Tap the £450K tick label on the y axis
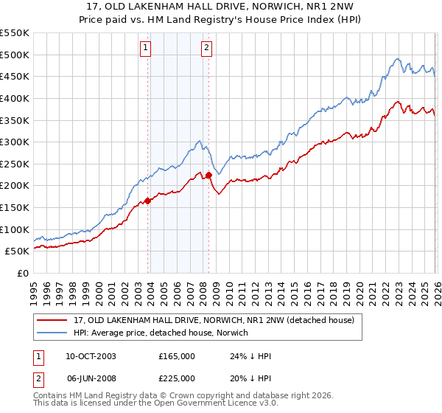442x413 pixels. [14, 76]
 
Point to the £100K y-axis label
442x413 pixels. [14, 229]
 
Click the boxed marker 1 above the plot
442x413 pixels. [146, 49]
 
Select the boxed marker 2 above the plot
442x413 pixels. [206, 49]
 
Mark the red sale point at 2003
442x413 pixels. [148, 200]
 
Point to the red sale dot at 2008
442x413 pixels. [208, 175]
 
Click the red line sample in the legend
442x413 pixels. [54, 320]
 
